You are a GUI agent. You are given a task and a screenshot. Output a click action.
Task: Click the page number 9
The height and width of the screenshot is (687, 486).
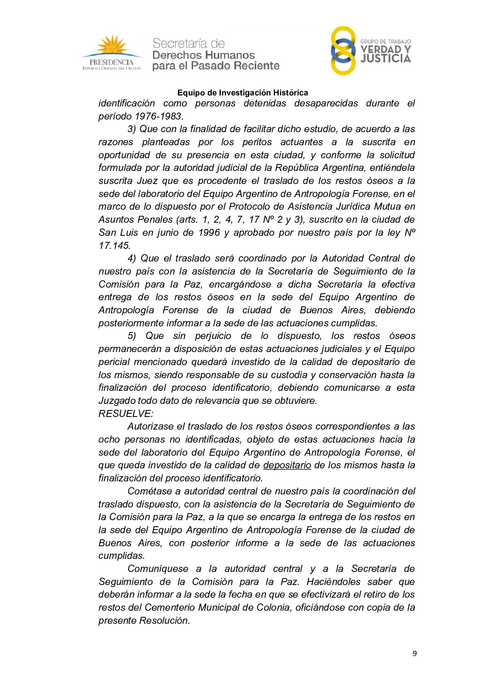(x=415, y=654)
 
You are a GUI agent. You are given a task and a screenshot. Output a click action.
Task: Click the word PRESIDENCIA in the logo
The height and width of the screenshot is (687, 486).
(x=111, y=62)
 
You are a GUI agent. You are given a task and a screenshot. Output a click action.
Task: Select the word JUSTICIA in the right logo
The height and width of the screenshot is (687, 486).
(x=386, y=59)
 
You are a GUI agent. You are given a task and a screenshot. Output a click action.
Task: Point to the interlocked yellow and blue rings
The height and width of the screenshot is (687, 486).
(x=343, y=51)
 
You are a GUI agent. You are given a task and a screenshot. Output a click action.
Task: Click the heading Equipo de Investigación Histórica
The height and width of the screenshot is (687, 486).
(x=242, y=93)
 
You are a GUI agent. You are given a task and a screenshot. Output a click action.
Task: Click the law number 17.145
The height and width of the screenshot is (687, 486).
(x=114, y=246)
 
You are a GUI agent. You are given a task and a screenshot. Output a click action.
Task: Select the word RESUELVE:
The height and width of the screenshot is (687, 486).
(x=126, y=414)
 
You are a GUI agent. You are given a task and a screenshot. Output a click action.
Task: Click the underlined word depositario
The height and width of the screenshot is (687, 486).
(x=287, y=465)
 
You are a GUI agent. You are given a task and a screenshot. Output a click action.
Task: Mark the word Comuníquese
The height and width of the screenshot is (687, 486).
(x=158, y=569)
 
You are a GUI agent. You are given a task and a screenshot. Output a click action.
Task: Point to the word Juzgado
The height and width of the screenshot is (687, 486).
(x=117, y=401)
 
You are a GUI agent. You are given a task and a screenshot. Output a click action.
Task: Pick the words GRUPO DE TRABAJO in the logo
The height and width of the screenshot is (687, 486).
(x=386, y=42)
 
